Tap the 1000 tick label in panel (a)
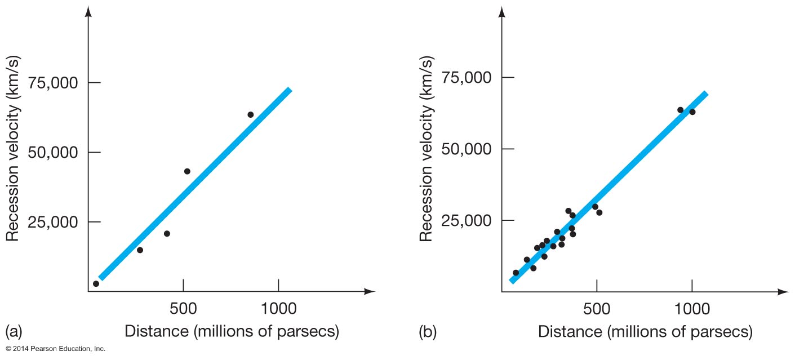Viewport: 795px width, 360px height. click(278, 309)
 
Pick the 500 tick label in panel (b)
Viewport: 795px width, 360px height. click(597, 309)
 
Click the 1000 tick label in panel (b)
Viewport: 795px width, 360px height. click(692, 309)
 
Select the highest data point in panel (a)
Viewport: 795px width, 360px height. click(250, 114)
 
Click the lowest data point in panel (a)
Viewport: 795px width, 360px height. click(96, 283)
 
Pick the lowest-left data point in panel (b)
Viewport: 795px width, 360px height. click(516, 273)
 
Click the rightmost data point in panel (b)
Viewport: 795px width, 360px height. click(692, 112)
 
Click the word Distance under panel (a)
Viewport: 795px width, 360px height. click(156, 331)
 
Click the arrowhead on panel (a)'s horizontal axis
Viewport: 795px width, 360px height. click(370, 291)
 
